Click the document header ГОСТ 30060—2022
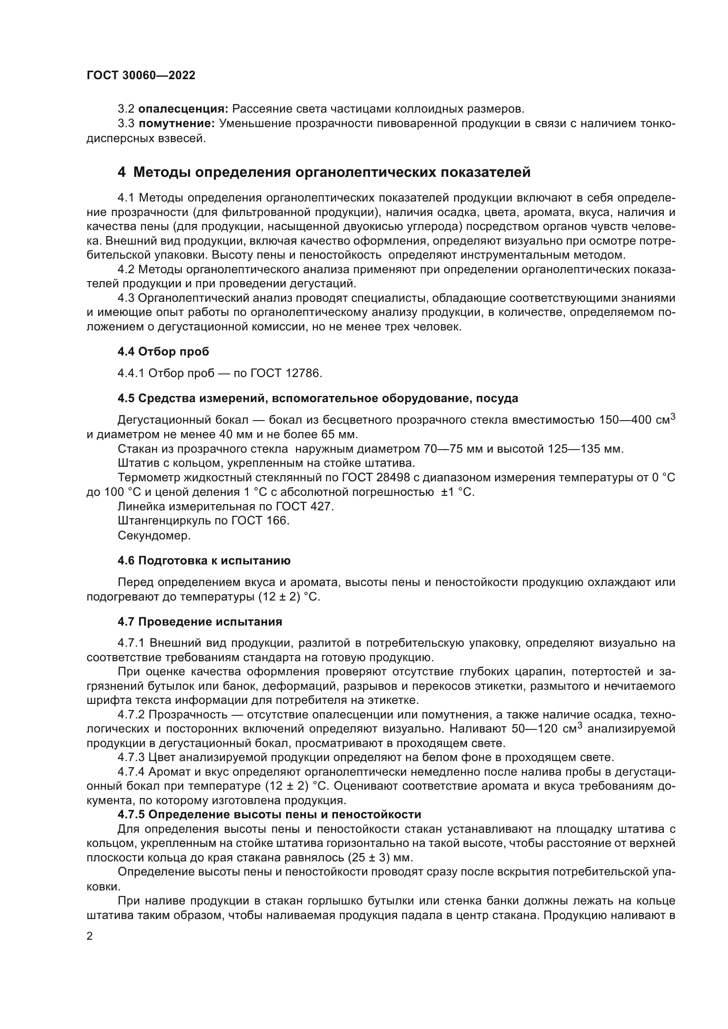click(141, 75)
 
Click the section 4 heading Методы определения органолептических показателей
click(324, 172)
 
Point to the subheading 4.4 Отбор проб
click(163, 352)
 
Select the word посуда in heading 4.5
click(496, 399)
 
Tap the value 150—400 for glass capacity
click(625, 421)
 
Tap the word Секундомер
click(154, 535)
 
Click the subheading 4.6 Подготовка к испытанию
click(204, 560)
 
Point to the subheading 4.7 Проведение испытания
click(200, 622)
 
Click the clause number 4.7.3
click(131, 758)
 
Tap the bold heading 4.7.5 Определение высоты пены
click(269, 814)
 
